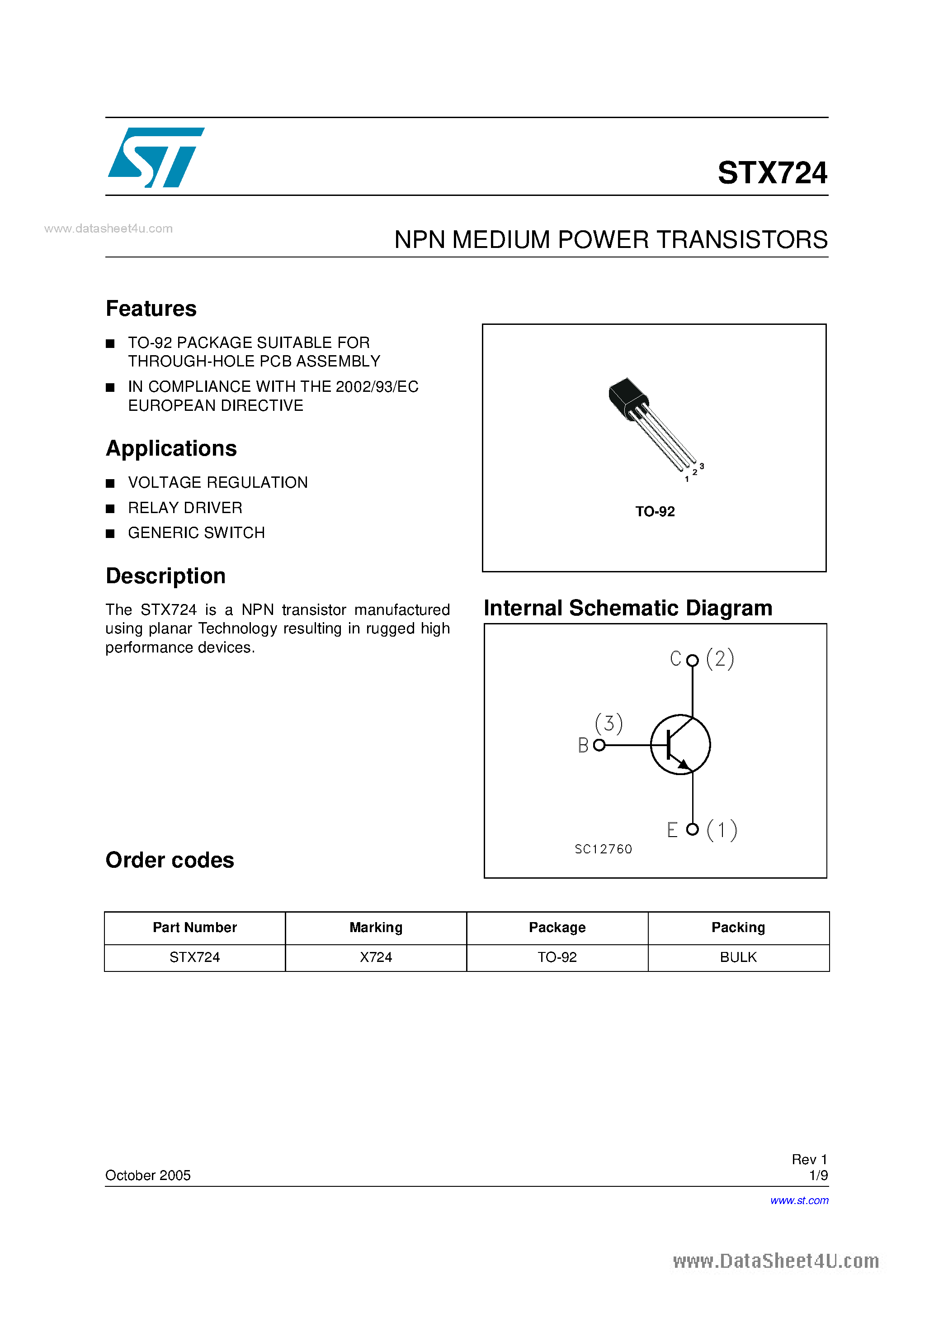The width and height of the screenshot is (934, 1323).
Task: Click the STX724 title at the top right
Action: (x=772, y=173)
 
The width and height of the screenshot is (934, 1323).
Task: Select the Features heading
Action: (x=151, y=309)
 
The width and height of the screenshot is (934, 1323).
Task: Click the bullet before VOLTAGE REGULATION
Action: (x=110, y=483)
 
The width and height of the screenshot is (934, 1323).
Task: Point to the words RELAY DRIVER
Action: (x=185, y=508)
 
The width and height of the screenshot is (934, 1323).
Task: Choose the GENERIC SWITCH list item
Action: (x=196, y=533)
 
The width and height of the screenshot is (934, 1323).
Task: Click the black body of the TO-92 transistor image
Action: (x=627, y=397)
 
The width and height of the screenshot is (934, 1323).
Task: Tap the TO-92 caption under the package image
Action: (x=655, y=512)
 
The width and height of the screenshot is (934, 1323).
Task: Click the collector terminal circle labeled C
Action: (x=692, y=660)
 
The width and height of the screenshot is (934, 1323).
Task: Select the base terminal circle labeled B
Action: (x=599, y=745)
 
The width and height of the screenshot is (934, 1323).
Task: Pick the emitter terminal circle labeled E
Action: (x=692, y=829)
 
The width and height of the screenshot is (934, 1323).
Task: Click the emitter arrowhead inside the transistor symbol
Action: (x=684, y=765)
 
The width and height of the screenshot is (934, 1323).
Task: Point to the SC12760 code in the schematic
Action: (x=603, y=849)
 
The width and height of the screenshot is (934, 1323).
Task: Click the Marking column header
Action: (x=375, y=927)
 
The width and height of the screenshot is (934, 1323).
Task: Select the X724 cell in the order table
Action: (x=375, y=957)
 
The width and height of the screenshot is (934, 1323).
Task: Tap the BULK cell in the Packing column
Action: (x=738, y=957)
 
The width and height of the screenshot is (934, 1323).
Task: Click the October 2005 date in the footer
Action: (x=147, y=1175)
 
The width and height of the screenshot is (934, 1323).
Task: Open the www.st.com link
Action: (x=799, y=1200)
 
